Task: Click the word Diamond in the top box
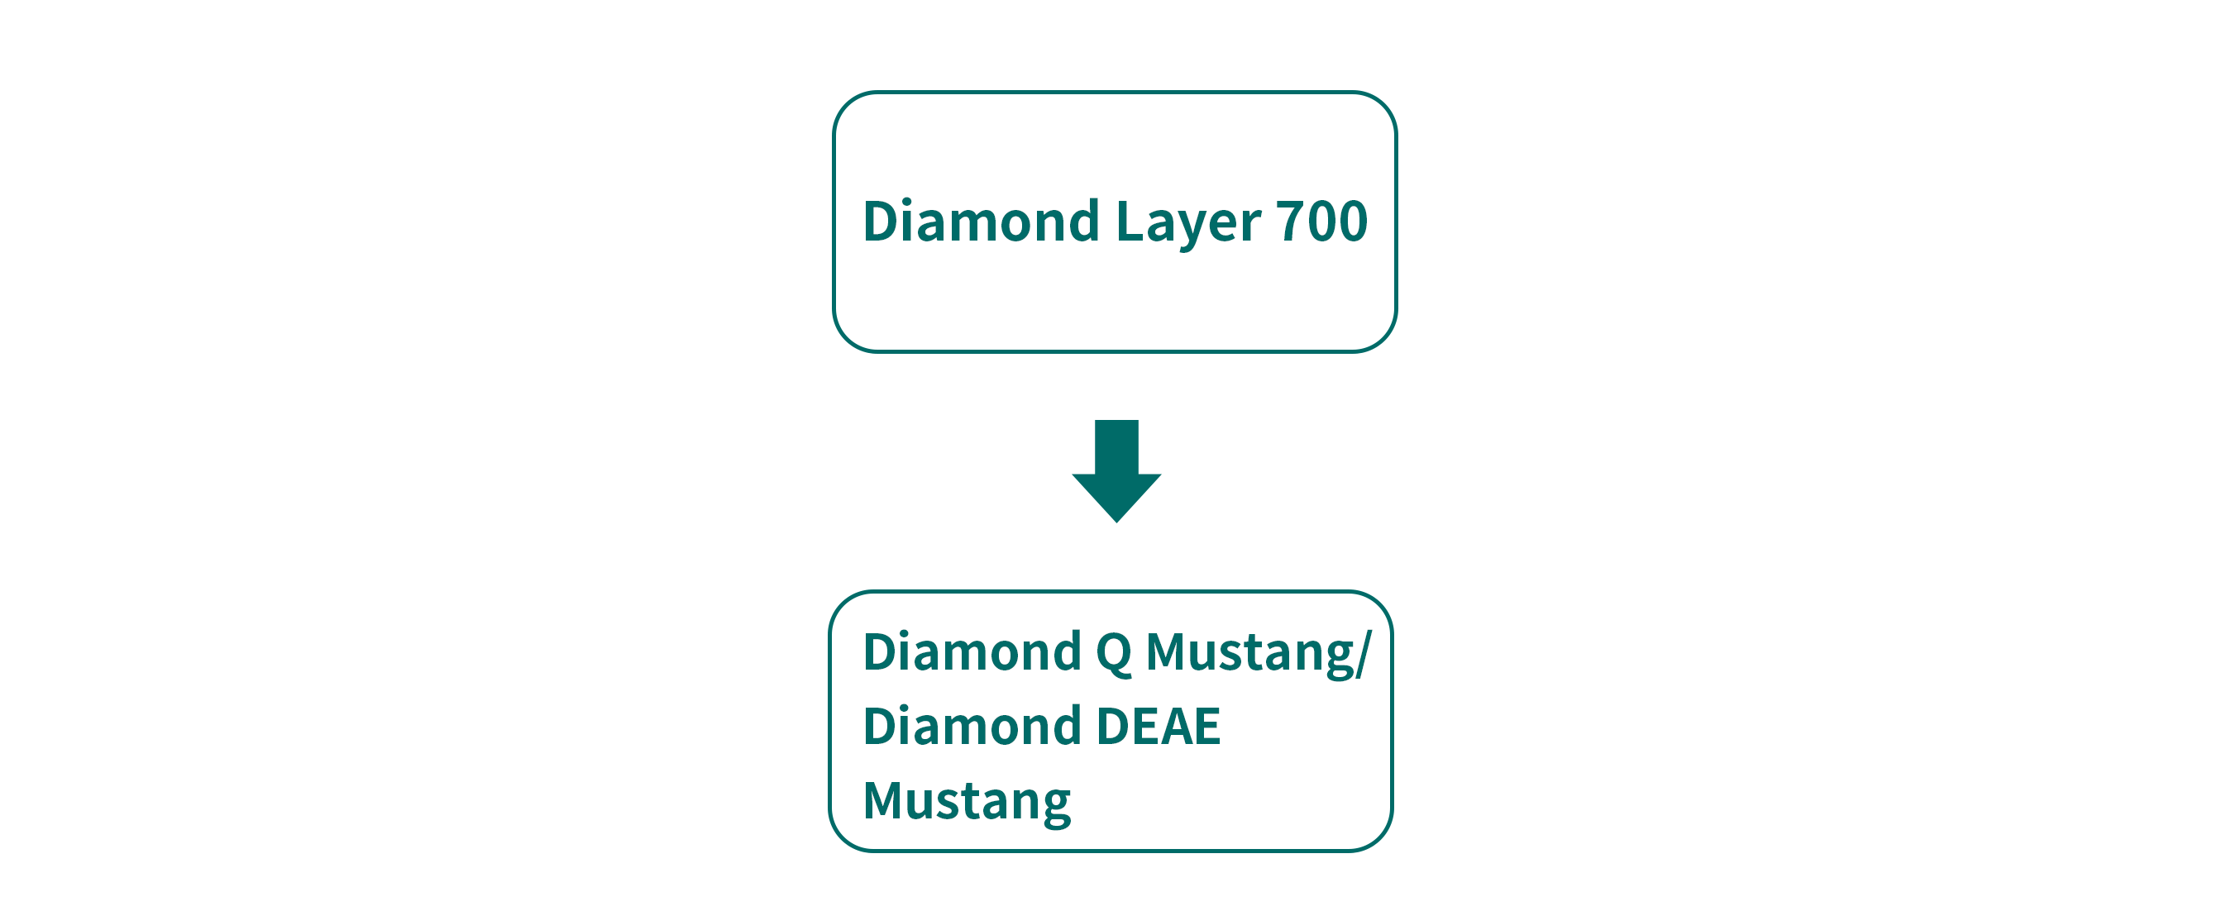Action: [981, 221]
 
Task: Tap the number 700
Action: [1321, 221]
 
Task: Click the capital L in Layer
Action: [1130, 221]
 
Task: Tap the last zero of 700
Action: [1352, 221]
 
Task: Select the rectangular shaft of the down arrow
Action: [1116, 448]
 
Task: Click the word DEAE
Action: [1158, 726]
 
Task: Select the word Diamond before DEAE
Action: [972, 725]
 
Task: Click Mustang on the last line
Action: [966, 802]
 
